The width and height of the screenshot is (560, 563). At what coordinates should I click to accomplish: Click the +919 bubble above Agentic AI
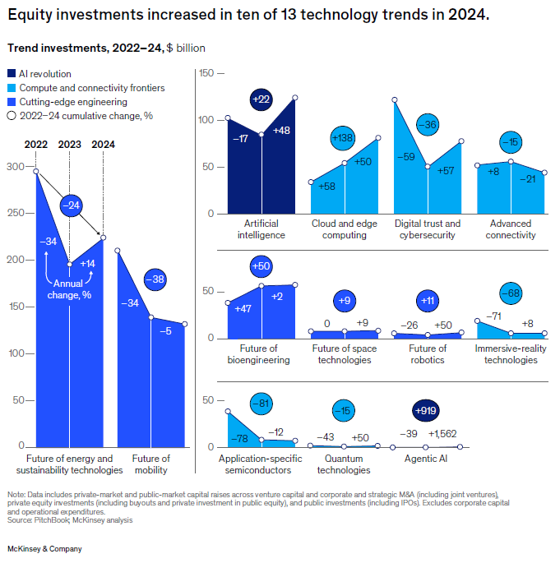coord(426,410)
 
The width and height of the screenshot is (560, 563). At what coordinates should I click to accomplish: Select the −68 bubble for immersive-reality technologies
coord(511,293)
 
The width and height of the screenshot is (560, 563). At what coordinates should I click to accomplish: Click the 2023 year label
coord(69,145)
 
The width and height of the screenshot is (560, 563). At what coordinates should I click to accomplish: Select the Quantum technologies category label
coord(344,464)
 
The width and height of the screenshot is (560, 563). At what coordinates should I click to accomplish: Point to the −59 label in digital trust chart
coord(405,156)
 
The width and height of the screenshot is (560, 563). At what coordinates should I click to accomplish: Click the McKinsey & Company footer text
coord(44,548)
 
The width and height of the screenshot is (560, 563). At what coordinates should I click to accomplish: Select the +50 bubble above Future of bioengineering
coord(261,266)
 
